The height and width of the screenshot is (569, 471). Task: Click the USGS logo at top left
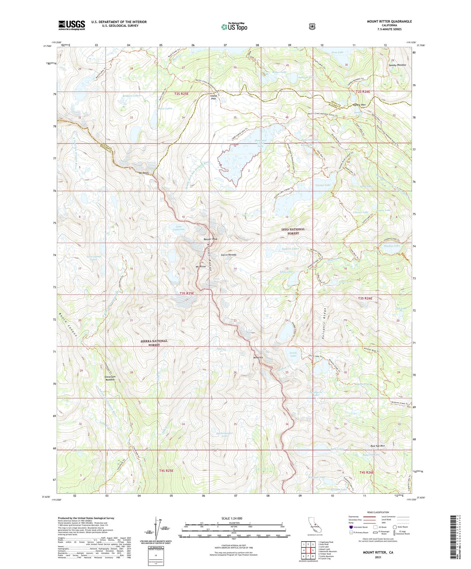pyautogui.click(x=72, y=25)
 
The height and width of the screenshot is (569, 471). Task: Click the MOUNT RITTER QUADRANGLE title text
pyautogui.click(x=389, y=22)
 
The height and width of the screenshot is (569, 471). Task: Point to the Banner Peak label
pyautogui.click(x=210, y=239)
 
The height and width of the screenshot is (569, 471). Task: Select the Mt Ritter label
pyautogui.click(x=201, y=266)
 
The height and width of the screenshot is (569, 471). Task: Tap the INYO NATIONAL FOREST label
pyautogui.click(x=293, y=231)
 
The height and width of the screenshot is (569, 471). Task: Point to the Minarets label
pyautogui.click(x=258, y=357)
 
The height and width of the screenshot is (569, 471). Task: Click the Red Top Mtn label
pyautogui.click(x=378, y=446)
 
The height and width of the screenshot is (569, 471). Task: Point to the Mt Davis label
pyautogui.click(x=144, y=173)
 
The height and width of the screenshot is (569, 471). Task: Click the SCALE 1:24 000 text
pyautogui.click(x=232, y=518)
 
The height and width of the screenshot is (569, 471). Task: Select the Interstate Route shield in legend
pyautogui.click(x=351, y=527)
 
